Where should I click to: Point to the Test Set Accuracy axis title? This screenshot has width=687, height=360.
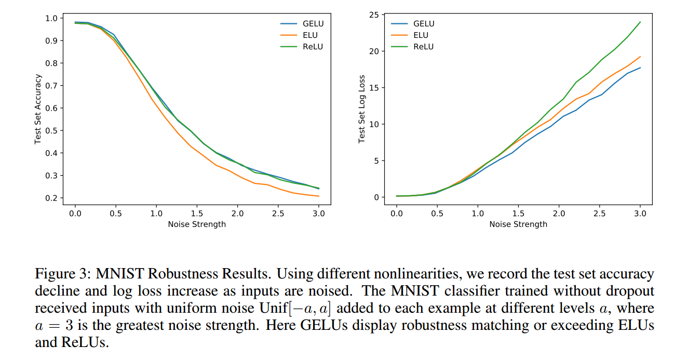(x=38, y=109)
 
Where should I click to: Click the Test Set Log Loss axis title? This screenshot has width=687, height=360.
(x=361, y=109)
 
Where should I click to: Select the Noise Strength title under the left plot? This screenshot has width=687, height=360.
(x=197, y=224)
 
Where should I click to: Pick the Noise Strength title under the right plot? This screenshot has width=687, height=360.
(x=518, y=224)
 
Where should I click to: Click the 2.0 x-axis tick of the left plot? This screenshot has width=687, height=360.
(x=238, y=213)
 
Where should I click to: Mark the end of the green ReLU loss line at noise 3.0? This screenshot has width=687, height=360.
(x=640, y=22)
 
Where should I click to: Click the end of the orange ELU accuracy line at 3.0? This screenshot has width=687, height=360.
(x=319, y=196)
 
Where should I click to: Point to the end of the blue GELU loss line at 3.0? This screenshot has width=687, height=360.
(x=640, y=68)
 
